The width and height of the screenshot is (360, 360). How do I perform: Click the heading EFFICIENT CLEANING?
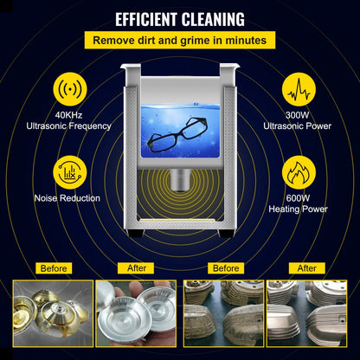pyautogui.click(x=180, y=18)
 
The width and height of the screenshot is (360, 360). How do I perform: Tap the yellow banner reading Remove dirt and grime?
pyautogui.click(x=180, y=40)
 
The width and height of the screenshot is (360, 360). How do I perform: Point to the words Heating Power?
pyautogui.click(x=300, y=209)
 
